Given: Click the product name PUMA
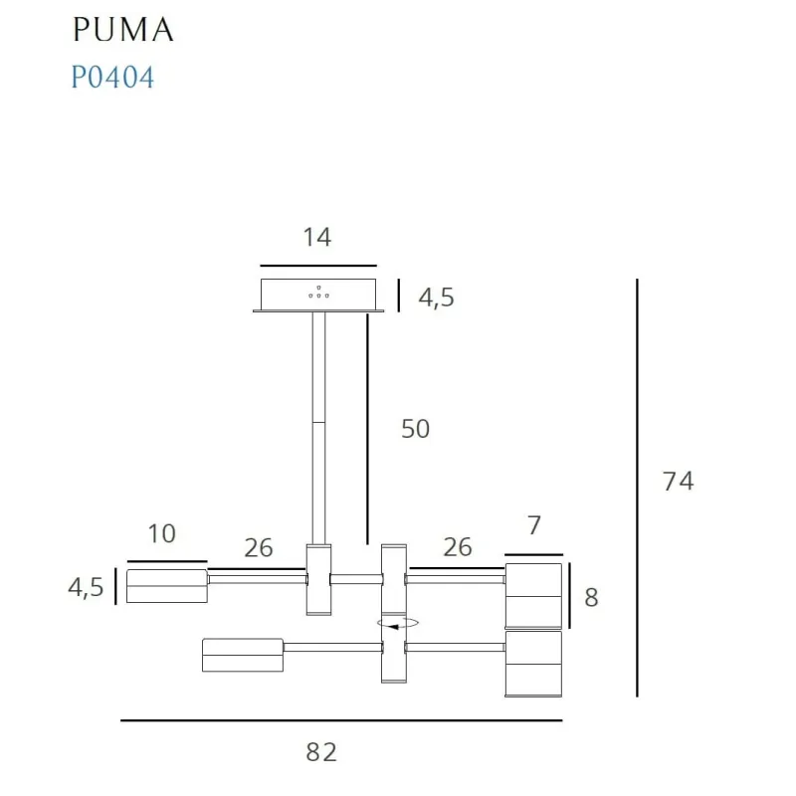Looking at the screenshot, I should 122,30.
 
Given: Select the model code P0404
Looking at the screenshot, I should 112,78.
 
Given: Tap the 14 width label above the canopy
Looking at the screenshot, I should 317,237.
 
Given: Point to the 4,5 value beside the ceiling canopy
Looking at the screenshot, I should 435,298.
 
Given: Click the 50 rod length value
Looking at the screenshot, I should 415,429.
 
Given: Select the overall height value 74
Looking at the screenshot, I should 678,482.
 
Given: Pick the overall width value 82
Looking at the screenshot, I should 321,752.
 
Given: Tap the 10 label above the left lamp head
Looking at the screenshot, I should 161,534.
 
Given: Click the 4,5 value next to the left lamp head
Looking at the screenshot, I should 86,587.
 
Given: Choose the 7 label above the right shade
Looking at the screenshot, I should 533,526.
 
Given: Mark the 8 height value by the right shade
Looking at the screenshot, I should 591,598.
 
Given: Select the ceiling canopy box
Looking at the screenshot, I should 318,295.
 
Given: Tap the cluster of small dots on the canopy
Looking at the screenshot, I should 319,292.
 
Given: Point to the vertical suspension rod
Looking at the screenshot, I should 318,428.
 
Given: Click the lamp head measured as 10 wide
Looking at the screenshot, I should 166,586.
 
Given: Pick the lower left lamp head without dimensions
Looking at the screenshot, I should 243,655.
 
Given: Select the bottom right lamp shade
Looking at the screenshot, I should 533,664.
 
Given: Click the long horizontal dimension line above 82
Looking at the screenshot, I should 341,719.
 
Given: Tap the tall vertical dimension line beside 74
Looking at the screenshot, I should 637,488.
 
